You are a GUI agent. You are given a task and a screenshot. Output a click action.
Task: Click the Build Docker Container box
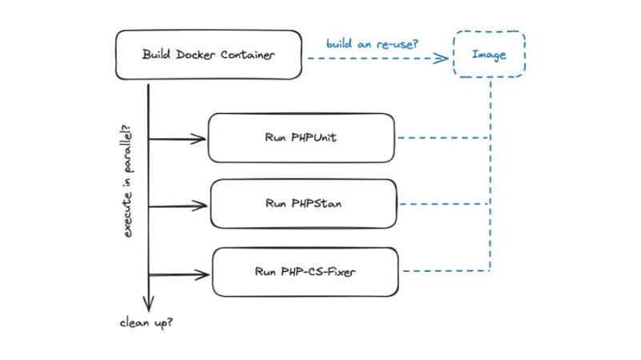pos(208,56)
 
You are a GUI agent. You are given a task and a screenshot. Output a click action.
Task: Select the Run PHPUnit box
pos(301,138)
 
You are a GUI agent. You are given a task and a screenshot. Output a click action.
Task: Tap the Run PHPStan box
pos(303,204)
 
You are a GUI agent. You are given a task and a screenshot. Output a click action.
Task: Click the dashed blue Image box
pos(489,55)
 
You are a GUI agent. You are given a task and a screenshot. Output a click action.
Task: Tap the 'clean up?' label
pos(147,325)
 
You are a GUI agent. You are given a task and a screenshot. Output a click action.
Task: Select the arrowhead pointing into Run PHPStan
pos(201,206)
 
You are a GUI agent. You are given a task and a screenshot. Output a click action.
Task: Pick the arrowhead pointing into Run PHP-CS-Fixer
pos(204,273)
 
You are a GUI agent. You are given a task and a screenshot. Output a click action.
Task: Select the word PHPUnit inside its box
pos(316,138)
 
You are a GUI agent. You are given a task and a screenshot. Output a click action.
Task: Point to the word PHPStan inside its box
pos(316,204)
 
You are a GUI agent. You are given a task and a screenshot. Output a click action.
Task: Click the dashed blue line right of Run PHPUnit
pos(441,138)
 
